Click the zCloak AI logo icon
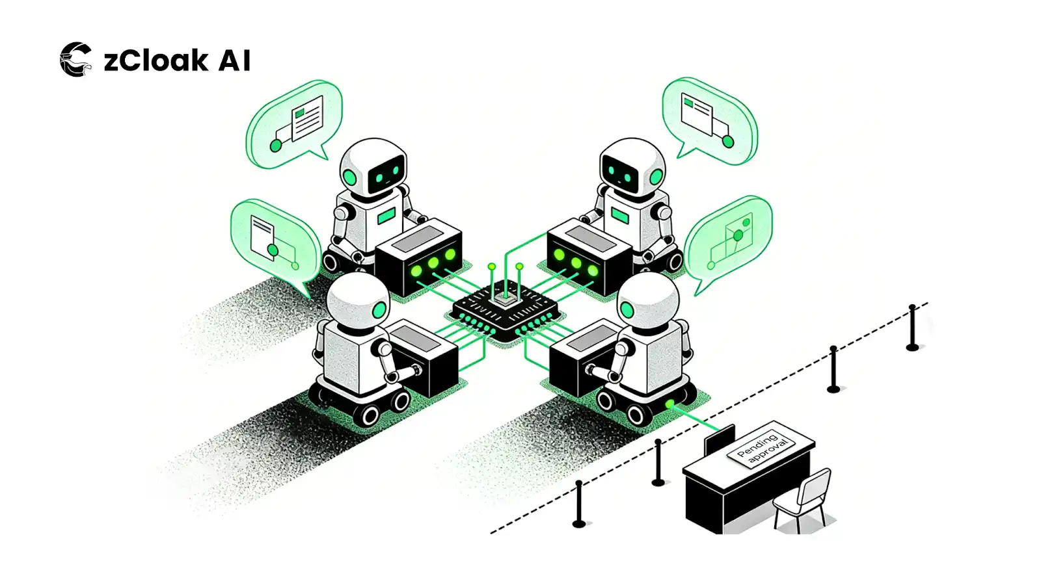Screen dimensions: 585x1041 [75, 60]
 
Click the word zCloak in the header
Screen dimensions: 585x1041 [156, 60]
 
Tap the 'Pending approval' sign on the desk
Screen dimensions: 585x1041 [761, 448]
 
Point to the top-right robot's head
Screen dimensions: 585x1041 [632, 166]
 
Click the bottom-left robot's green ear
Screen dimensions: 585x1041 [378, 310]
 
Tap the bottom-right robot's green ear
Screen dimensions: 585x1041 [626, 310]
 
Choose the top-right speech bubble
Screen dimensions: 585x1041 [710, 120]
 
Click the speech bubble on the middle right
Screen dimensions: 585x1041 [729, 240]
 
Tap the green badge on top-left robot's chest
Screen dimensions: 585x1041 [386, 216]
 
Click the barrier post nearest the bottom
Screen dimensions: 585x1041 [579, 504]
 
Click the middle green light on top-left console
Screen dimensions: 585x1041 [433, 263]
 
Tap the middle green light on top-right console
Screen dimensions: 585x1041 [576, 263]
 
